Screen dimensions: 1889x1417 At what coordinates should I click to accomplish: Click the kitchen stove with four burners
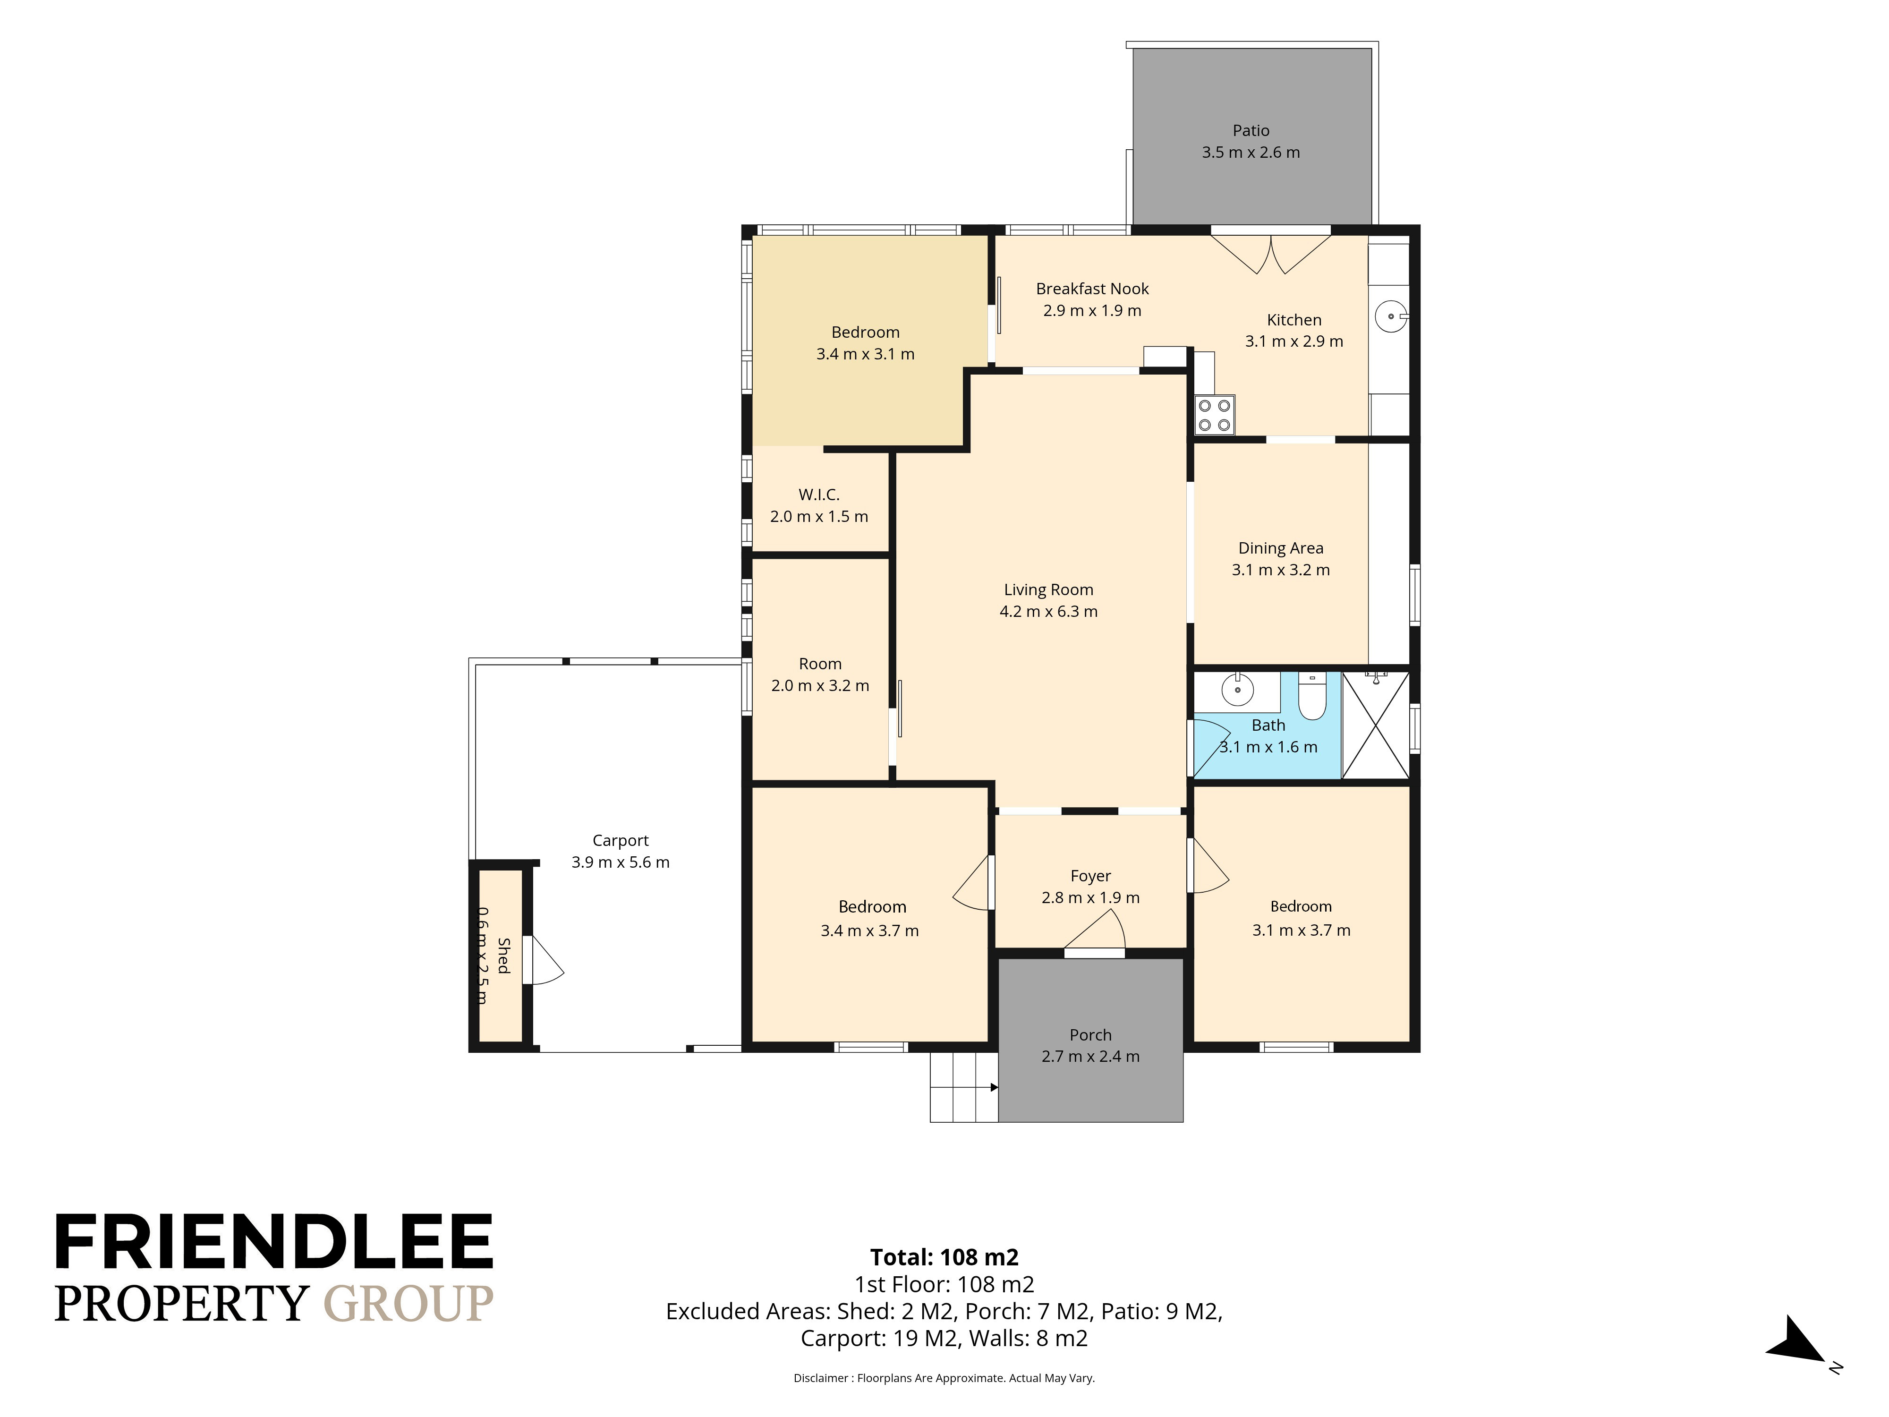coord(1214,415)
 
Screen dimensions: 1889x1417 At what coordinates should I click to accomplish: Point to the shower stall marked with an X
coord(1375,725)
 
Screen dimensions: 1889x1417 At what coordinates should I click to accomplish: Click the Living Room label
coord(1049,589)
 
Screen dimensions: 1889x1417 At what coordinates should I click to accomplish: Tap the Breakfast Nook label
coord(1092,289)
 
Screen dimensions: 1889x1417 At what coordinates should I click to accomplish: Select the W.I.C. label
coord(819,495)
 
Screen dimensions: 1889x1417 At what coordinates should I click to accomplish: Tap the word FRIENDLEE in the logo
coord(274,1242)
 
